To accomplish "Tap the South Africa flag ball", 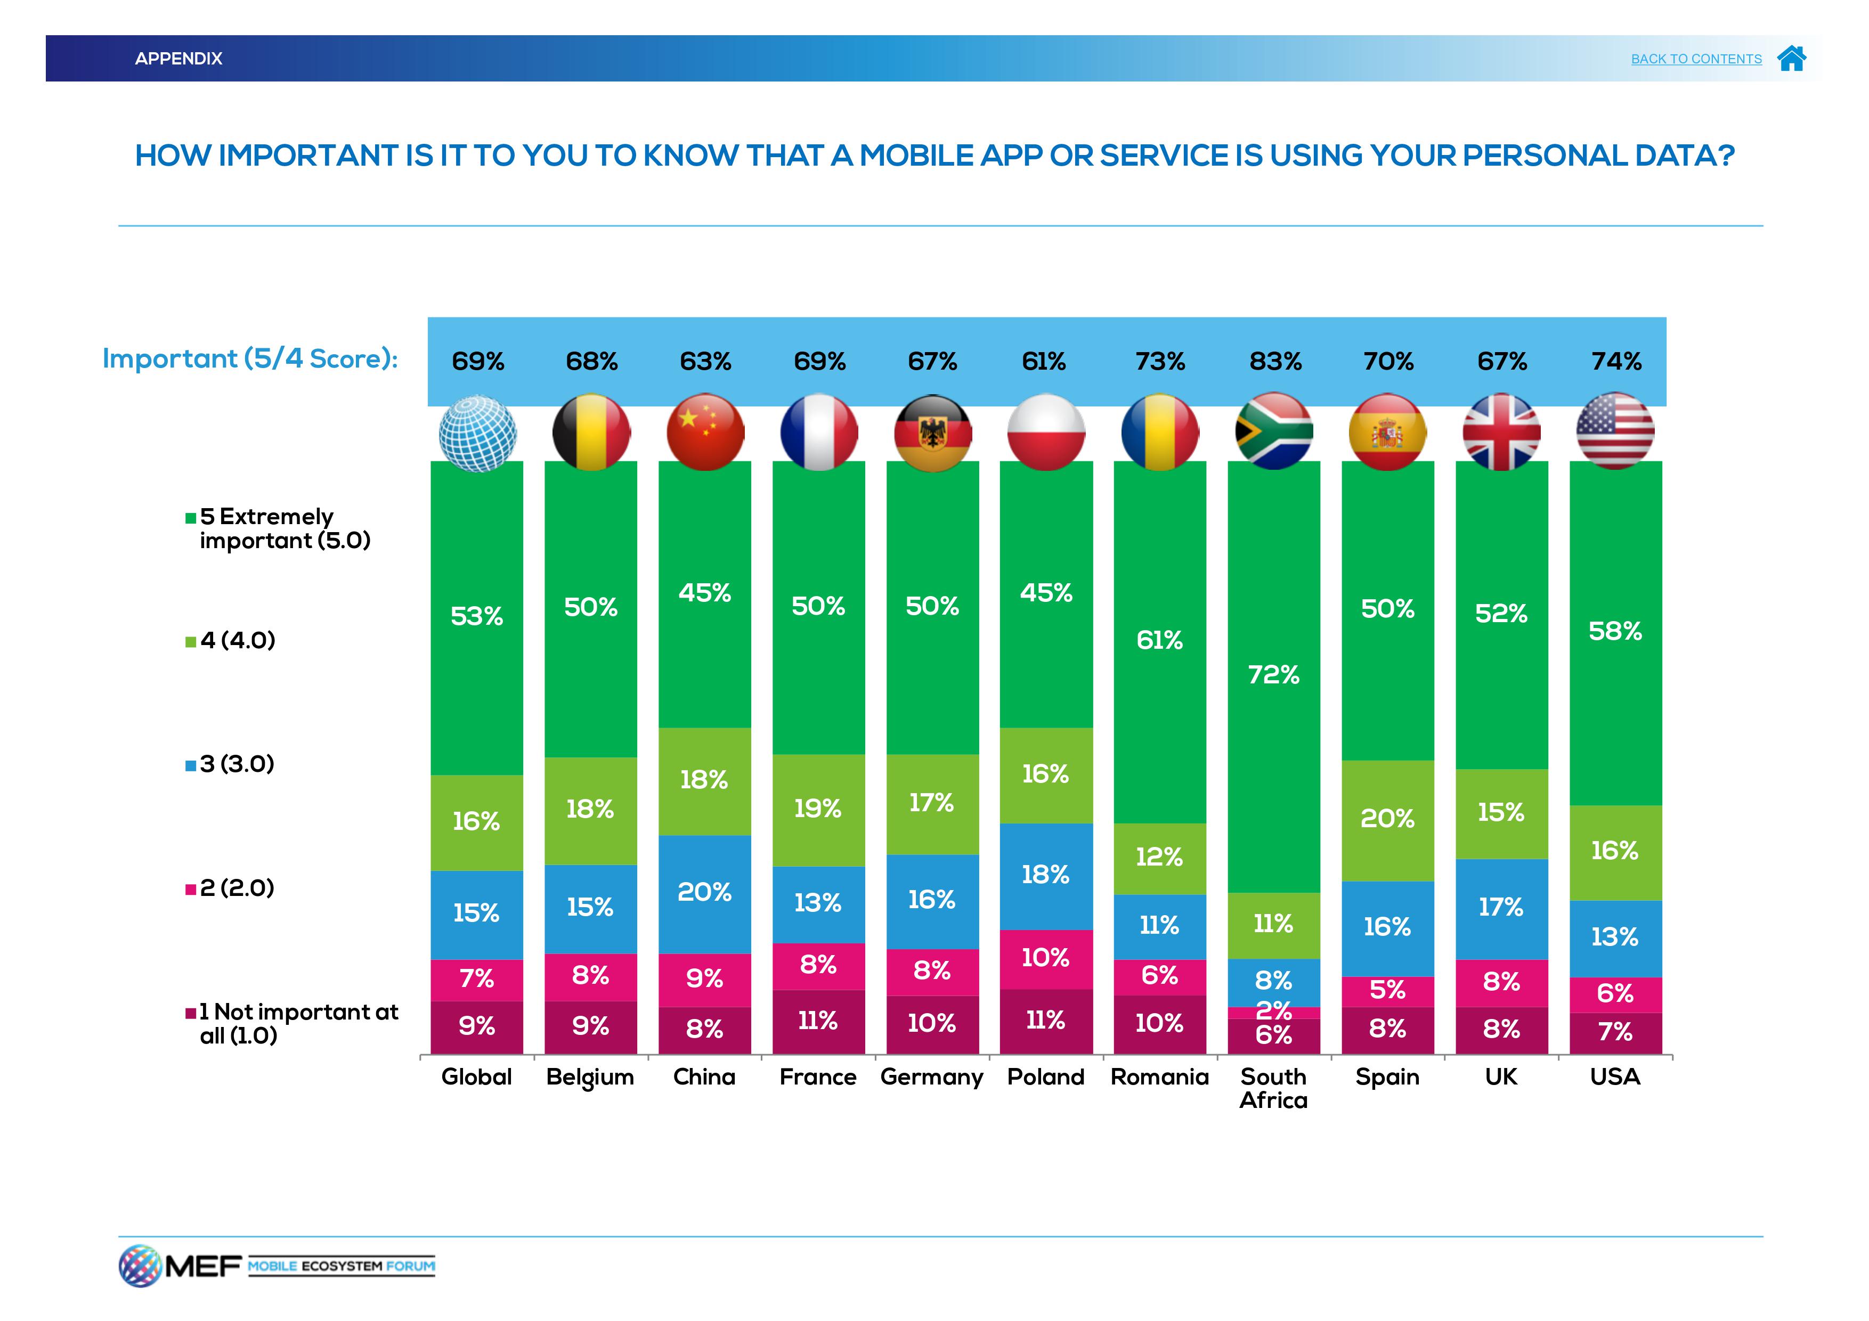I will tap(1274, 431).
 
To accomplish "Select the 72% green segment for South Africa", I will tap(1274, 675).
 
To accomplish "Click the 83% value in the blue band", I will tap(1275, 361).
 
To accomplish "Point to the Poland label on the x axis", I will tap(1045, 1077).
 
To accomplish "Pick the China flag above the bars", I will tap(705, 431).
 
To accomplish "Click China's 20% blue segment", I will tap(705, 893).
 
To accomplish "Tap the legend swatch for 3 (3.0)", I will tap(191, 765).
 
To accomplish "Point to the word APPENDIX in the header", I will tap(178, 59).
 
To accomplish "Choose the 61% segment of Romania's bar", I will tap(1160, 641).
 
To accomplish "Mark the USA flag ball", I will tap(1615, 431).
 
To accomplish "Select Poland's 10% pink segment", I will tap(1046, 958).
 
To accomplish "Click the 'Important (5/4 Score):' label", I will tap(250, 359).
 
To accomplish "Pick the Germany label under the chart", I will tap(931, 1077).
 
